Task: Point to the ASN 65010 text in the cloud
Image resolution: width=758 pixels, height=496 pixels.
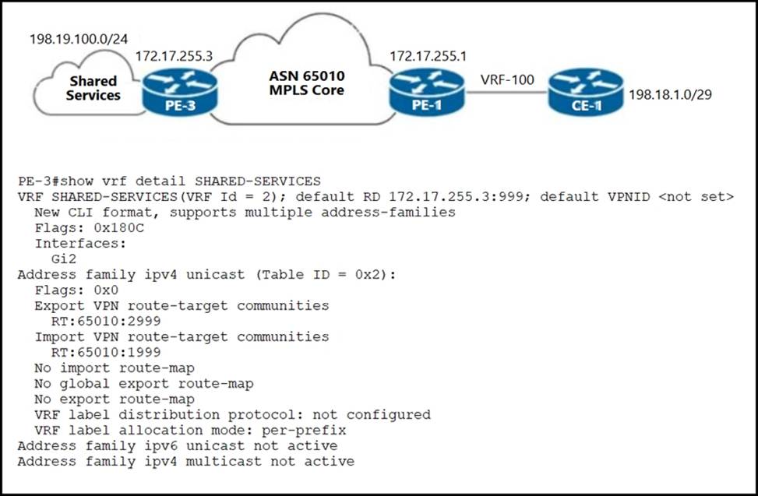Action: pos(307,76)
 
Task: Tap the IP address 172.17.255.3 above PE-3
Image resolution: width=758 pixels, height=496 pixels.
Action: pos(174,56)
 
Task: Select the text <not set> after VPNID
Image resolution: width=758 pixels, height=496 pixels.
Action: pos(696,196)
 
